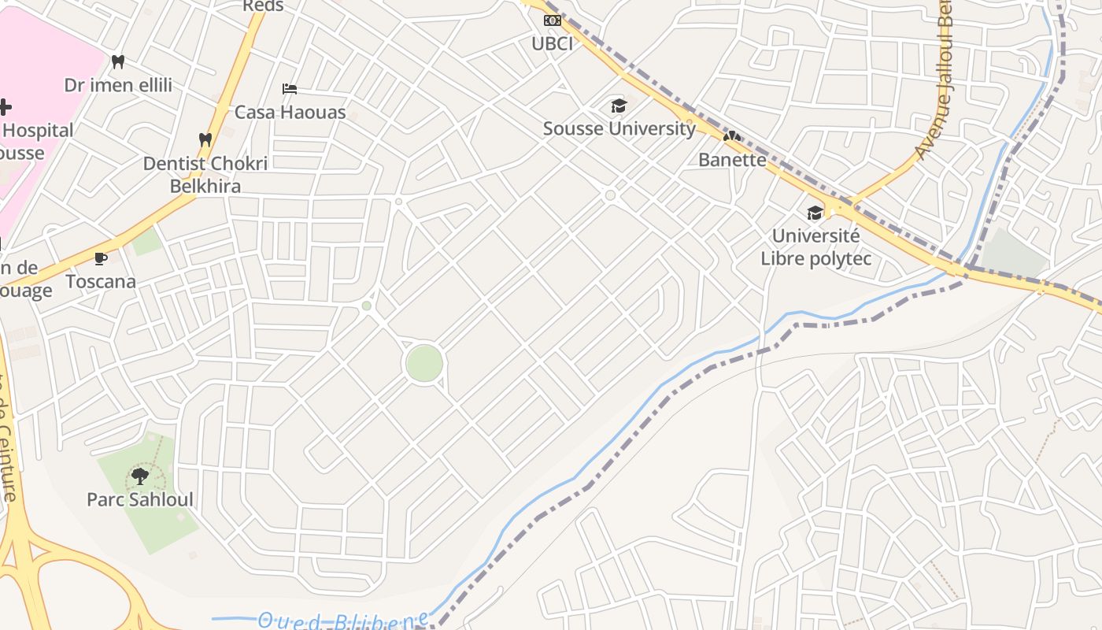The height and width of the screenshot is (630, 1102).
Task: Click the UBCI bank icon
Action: click(x=553, y=20)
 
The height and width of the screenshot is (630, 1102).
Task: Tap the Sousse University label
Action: click(x=619, y=128)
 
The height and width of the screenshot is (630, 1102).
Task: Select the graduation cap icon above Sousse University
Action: click(x=619, y=106)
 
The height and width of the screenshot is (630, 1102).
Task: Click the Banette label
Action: click(x=732, y=160)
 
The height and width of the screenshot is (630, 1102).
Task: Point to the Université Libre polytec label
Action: click(x=815, y=246)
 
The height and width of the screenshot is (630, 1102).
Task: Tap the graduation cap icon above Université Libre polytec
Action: click(x=815, y=213)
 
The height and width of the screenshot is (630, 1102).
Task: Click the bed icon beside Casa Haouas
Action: click(x=290, y=89)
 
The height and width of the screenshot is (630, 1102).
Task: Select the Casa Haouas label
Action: click(x=290, y=112)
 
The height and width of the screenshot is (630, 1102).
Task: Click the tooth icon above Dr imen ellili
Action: click(x=118, y=61)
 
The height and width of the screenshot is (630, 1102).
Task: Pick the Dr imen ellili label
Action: click(x=118, y=85)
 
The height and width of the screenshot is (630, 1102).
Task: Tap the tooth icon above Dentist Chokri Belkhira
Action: click(x=205, y=140)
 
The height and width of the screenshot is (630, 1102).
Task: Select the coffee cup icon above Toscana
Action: click(x=101, y=258)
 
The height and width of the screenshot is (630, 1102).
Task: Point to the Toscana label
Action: click(x=101, y=281)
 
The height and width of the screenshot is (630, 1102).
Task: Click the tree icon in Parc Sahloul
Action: click(x=140, y=476)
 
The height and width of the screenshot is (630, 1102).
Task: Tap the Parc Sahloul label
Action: click(x=140, y=499)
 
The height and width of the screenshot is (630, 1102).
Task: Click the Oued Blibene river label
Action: click(x=343, y=621)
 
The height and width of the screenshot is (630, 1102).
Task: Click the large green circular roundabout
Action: click(x=424, y=364)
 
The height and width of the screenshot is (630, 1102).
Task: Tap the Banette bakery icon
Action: click(x=732, y=137)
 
